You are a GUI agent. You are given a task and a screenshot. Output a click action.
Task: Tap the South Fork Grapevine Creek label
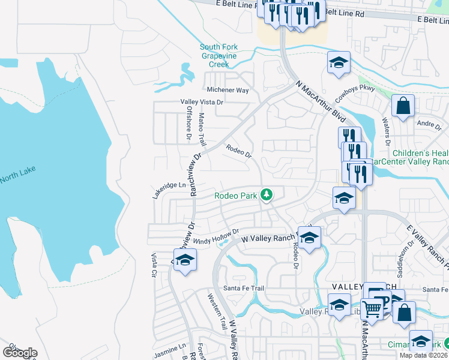(223, 55)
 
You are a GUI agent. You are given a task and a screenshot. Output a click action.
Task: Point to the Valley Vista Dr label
(202, 102)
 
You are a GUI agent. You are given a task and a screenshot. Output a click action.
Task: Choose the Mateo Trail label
(202, 130)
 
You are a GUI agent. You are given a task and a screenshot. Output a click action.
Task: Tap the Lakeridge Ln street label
(170, 185)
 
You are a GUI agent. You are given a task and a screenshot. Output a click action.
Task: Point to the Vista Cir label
(154, 263)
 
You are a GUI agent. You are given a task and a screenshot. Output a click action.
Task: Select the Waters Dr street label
(387, 126)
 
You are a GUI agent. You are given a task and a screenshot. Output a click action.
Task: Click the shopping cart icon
(373, 309)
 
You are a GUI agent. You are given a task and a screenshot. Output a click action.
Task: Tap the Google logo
(20, 353)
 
